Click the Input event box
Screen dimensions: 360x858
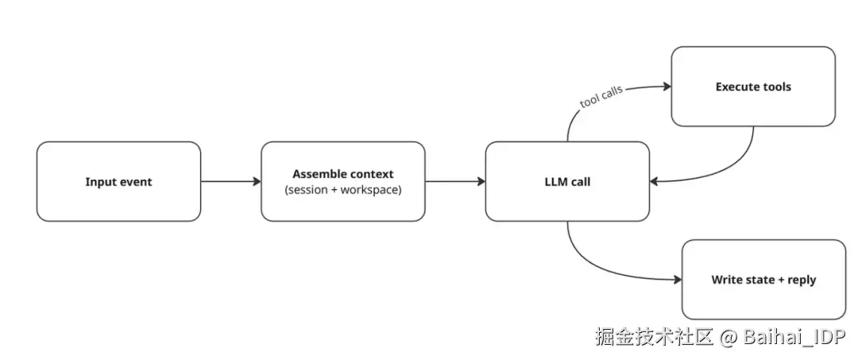[118, 181]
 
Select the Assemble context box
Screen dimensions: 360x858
[342, 181]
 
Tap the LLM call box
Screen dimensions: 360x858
[567, 181]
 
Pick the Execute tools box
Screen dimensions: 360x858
[752, 86]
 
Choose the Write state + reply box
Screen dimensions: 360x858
[763, 280]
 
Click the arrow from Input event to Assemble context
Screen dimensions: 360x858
[230, 181]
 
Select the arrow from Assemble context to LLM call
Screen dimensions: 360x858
[454, 181]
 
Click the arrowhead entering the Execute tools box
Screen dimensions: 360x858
[666, 87]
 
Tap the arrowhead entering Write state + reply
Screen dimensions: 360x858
[677, 280]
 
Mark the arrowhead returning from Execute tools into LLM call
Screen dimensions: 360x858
[655, 181]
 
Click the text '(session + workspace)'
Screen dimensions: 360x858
[342, 190]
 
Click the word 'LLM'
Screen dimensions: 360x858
[555, 182]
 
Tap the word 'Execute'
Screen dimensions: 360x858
[736, 87]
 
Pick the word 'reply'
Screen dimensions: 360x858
[800, 280]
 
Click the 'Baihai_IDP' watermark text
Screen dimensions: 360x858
[794, 336]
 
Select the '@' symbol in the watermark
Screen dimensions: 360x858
[729, 336]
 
